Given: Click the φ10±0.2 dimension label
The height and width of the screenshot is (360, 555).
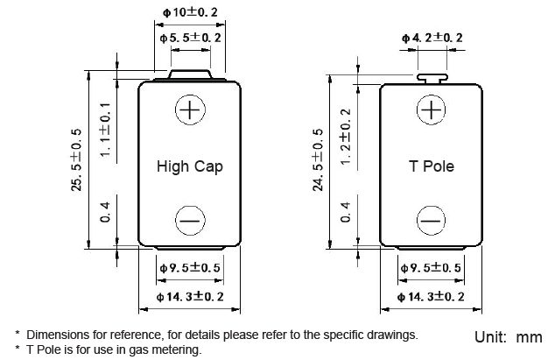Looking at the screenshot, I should [x=190, y=12].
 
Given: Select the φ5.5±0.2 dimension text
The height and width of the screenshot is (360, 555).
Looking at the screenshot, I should [x=190, y=39].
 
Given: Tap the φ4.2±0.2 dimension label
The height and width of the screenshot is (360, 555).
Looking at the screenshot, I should [x=432, y=38].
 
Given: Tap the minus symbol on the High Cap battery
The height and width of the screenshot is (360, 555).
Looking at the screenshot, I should [x=190, y=221].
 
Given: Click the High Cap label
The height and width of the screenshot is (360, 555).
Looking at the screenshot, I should [x=190, y=166].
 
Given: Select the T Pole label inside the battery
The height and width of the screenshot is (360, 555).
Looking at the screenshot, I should [x=432, y=166].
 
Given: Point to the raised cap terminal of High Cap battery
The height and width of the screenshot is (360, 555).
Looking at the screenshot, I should [x=190, y=77].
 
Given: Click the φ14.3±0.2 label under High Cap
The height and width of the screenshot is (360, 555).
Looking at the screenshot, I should [x=190, y=298].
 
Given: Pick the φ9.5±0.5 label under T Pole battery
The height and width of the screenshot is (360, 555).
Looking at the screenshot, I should [x=432, y=267].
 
